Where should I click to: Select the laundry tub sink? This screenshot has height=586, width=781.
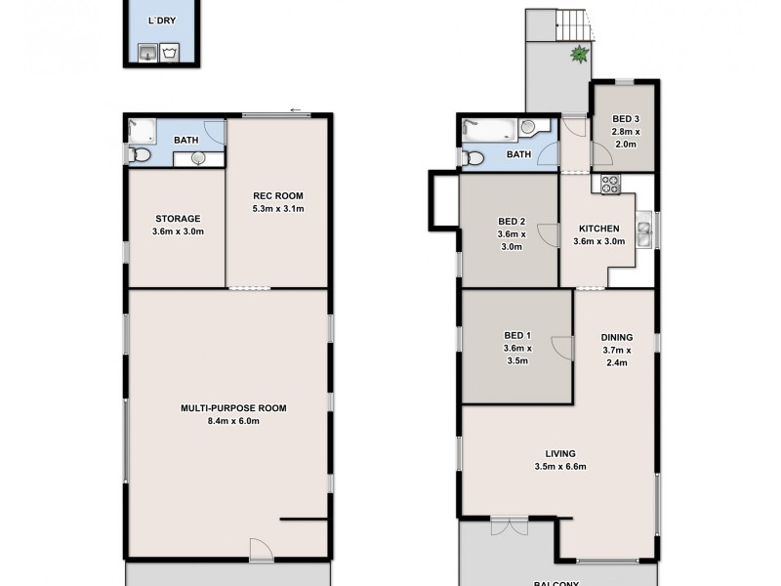[x=146, y=52]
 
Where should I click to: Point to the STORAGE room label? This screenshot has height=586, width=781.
[x=177, y=218]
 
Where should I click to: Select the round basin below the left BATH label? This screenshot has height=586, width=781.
[x=198, y=159]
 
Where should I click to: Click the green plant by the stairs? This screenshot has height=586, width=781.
[x=578, y=56]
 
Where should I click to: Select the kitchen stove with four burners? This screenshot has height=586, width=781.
[x=611, y=183]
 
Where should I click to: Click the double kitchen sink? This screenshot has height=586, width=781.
[x=643, y=233]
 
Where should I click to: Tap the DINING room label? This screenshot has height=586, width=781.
[x=617, y=338]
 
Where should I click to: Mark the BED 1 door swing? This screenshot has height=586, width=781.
[x=561, y=347]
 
